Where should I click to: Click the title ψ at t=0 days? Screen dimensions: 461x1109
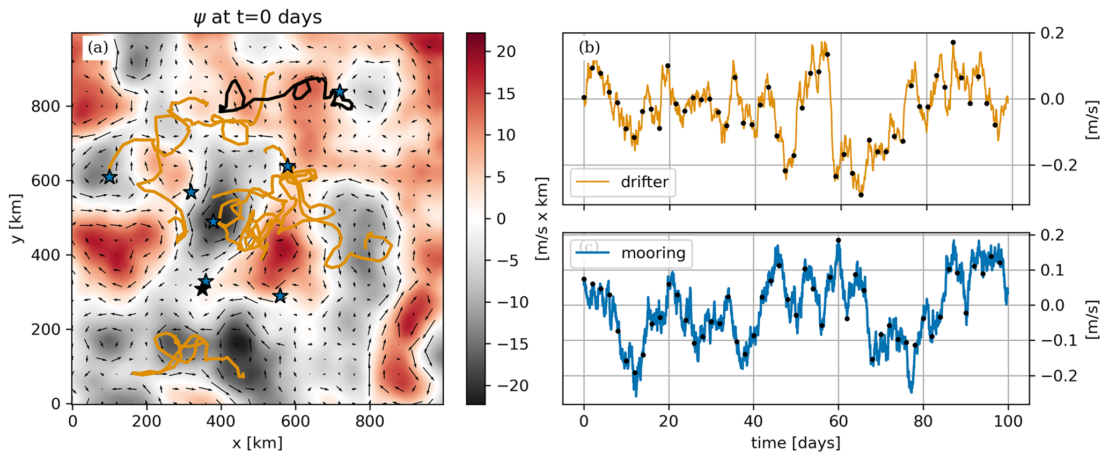point(258,17)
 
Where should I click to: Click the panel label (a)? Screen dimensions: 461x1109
point(98,48)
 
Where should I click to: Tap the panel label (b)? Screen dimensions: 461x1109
point(589,48)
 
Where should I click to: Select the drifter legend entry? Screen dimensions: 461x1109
point(644,182)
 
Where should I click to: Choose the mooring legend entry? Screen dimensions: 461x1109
point(653,253)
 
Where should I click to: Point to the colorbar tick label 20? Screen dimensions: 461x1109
point(503,52)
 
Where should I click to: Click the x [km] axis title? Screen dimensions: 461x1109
point(257,443)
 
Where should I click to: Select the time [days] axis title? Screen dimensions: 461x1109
point(796,443)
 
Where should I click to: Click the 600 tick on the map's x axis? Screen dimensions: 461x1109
point(295,421)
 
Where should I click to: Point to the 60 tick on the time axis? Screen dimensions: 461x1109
point(839,421)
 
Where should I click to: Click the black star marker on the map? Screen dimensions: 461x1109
point(202,290)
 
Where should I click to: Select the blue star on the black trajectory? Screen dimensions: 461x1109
point(340,92)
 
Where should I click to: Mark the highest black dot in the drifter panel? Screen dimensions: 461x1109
point(953,42)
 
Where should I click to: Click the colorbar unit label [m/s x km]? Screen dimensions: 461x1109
point(542,218)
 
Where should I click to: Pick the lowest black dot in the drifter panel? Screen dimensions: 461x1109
point(861,195)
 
